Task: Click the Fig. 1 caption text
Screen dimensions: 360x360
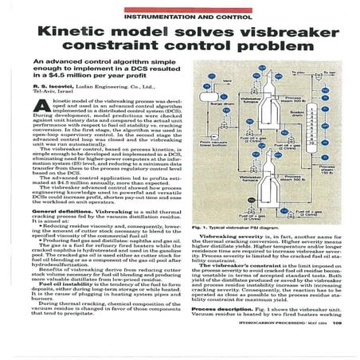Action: (x=230, y=227)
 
